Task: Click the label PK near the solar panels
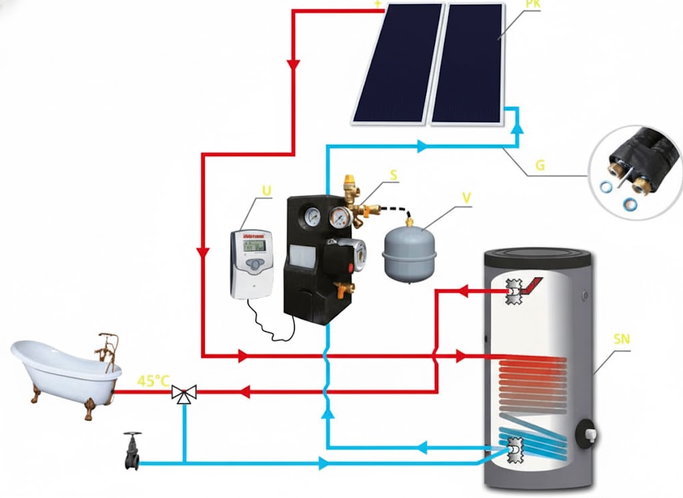515,4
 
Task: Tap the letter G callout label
540,164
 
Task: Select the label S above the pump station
394,175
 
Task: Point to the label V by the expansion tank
466,198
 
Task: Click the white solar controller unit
251,263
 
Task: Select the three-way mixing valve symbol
181,393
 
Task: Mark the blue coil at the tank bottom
534,437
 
